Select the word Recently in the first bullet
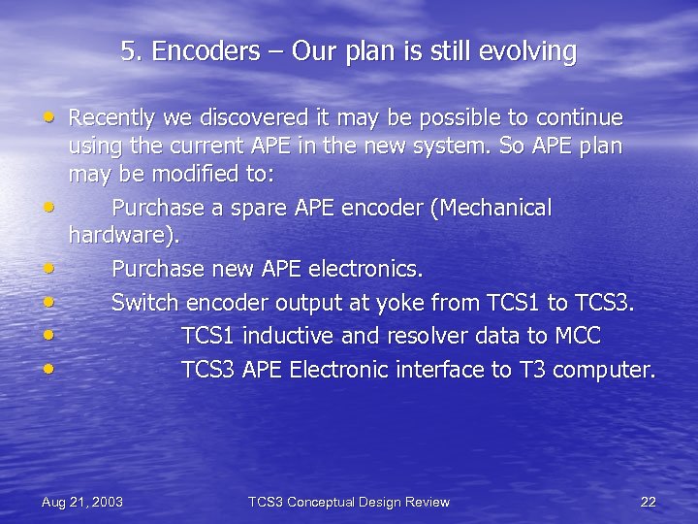point(111,118)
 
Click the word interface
point(440,370)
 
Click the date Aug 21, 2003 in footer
point(82,502)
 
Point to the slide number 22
point(649,502)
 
